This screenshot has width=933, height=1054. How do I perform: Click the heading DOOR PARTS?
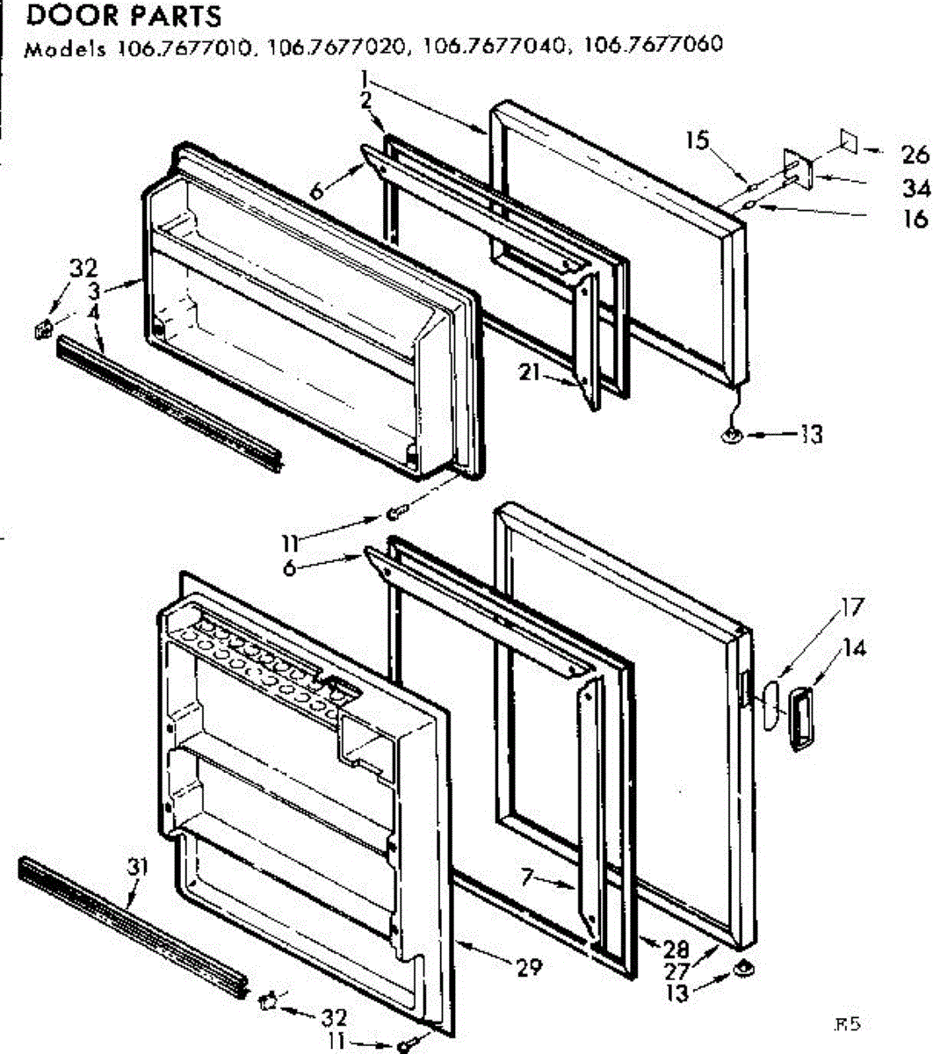[123, 16]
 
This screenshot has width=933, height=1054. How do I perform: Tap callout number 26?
[915, 155]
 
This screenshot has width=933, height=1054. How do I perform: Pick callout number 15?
[698, 141]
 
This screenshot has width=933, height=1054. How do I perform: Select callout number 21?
[528, 372]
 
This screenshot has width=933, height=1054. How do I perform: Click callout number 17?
[851, 607]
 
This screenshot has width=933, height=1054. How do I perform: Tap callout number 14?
[854, 648]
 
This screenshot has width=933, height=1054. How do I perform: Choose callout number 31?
[136, 867]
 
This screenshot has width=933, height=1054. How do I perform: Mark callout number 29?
[529, 968]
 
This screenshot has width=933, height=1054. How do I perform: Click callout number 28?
[677, 949]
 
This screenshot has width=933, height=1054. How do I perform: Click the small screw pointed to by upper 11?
[396, 511]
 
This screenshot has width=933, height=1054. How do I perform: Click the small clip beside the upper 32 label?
[39, 330]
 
